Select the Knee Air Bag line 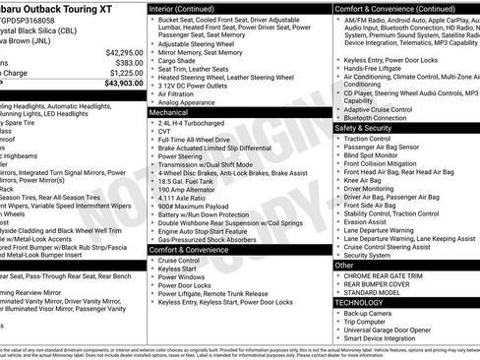click(x=366, y=180)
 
